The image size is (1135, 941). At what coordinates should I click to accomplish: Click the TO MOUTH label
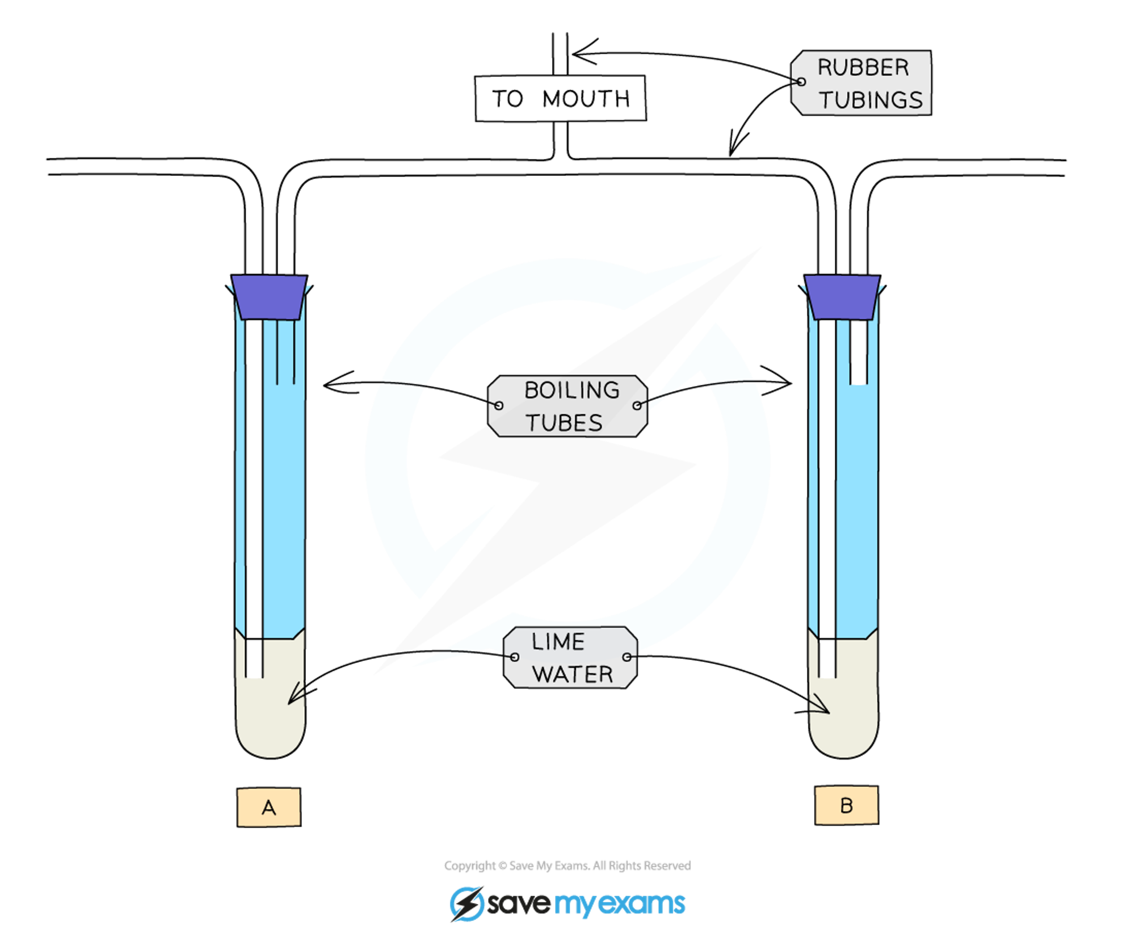click(x=560, y=98)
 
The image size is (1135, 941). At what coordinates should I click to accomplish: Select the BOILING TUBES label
click(x=567, y=406)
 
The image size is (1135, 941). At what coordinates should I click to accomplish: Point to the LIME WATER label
click(x=571, y=657)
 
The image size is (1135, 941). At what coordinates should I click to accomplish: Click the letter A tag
click(x=268, y=806)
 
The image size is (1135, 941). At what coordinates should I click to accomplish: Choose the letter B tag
click(x=846, y=805)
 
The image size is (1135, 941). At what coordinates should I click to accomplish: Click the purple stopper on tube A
click(x=270, y=297)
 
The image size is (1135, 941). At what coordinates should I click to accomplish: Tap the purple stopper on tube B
click(x=843, y=297)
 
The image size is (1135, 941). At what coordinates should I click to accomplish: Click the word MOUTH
click(x=586, y=99)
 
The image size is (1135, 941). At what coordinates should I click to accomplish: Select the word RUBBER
click(x=863, y=68)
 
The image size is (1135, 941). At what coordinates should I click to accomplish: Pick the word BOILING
click(x=571, y=390)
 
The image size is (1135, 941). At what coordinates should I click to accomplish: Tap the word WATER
click(x=573, y=674)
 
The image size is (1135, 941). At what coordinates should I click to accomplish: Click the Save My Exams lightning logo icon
click(x=466, y=904)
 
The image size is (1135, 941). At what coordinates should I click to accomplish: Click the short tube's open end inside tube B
click(x=859, y=383)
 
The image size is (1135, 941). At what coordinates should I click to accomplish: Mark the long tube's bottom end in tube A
click(x=254, y=675)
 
